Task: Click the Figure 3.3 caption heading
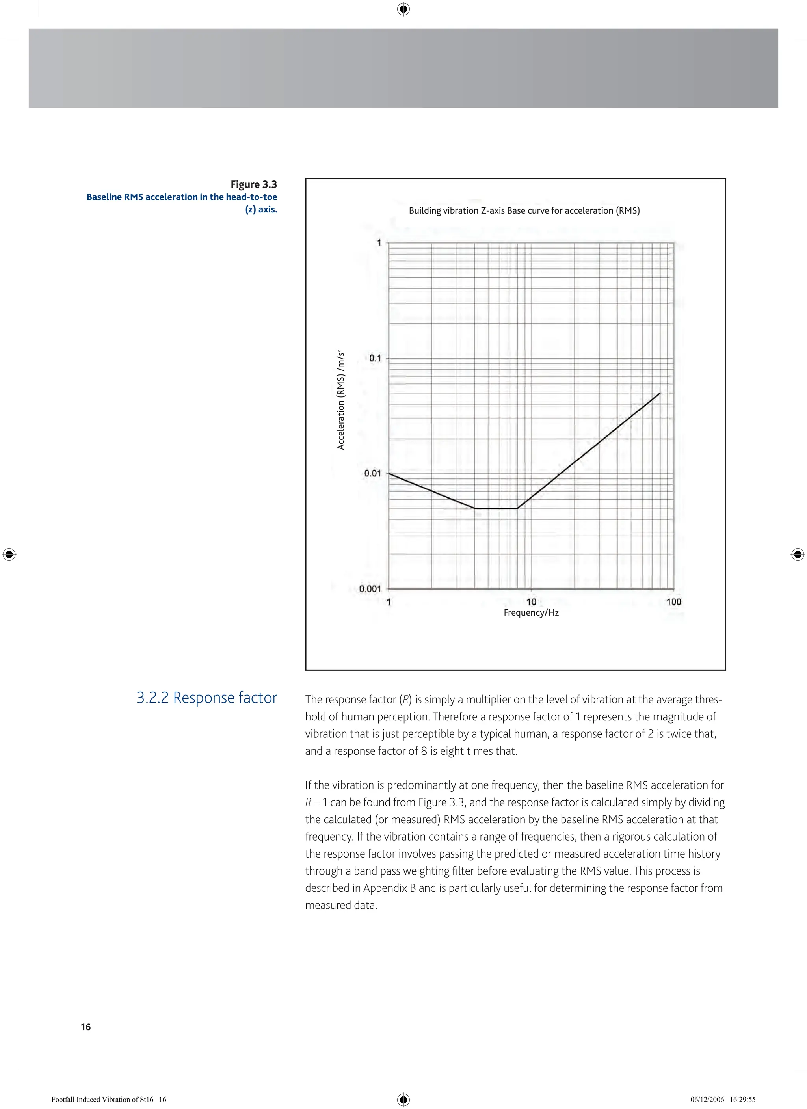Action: point(253,184)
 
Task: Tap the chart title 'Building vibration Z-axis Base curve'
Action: point(524,211)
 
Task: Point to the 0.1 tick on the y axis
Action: point(375,358)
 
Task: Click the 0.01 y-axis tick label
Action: point(372,473)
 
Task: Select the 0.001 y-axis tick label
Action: point(370,589)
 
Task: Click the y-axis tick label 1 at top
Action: point(379,242)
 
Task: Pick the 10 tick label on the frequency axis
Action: point(531,601)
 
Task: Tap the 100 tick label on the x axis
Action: point(673,601)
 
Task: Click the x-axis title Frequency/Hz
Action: point(531,613)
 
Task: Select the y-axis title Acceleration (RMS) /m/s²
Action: point(341,400)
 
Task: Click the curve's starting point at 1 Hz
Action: point(389,473)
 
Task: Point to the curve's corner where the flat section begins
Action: point(474,508)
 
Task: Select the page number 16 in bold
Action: point(86,1027)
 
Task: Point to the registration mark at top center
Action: point(403,9)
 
